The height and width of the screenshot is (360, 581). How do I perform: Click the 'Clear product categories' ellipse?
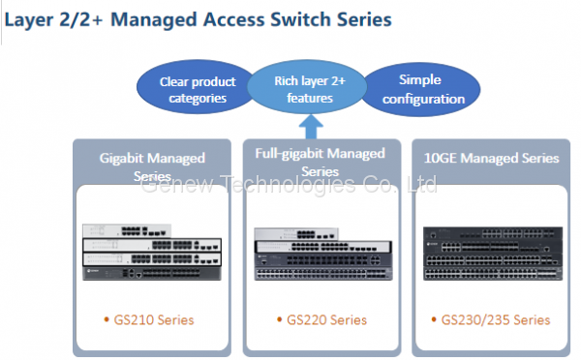[197, 88]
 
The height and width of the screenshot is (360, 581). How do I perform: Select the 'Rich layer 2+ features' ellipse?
[308, 87]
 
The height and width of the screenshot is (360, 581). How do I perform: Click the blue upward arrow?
[311, 127]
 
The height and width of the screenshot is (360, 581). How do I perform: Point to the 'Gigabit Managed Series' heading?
[152, 167]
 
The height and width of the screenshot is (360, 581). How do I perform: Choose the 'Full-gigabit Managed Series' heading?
[321, 162]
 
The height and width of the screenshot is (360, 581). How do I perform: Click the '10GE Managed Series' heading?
[491, 158]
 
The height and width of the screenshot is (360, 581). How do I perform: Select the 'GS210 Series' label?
[154, 320]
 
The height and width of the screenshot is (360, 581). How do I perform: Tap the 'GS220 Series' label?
[327, 320]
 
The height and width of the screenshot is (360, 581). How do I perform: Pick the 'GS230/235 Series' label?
[496, 320]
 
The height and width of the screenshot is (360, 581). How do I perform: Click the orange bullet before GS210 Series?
[107, 319]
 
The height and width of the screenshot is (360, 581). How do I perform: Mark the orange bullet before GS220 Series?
[280, 319]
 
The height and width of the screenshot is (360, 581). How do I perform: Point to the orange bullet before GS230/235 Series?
[434, 319]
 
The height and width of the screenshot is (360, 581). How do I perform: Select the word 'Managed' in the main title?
[153, 20]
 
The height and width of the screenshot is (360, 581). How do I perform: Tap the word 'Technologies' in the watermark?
[288, 185]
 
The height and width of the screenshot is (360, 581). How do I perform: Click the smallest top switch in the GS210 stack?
[127, 230]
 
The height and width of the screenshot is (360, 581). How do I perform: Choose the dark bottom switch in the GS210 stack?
[152, 273]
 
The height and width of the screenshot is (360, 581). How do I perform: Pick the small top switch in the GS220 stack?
[296, 234]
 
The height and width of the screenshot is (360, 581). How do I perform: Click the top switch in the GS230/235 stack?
[493, 233]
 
